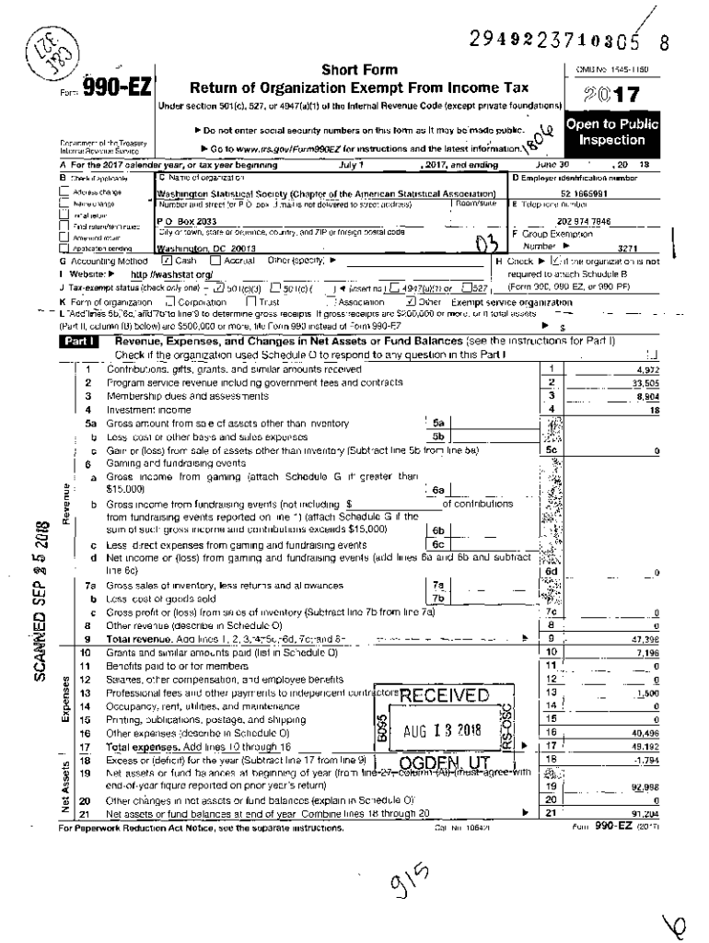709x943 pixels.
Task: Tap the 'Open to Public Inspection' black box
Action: click(x=611, y=132)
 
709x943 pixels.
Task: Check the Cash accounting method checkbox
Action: click(x=167, y=261)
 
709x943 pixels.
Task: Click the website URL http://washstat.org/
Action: click(x=172, y=274)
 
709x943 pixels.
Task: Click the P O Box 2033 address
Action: click(x=180, y=222)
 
